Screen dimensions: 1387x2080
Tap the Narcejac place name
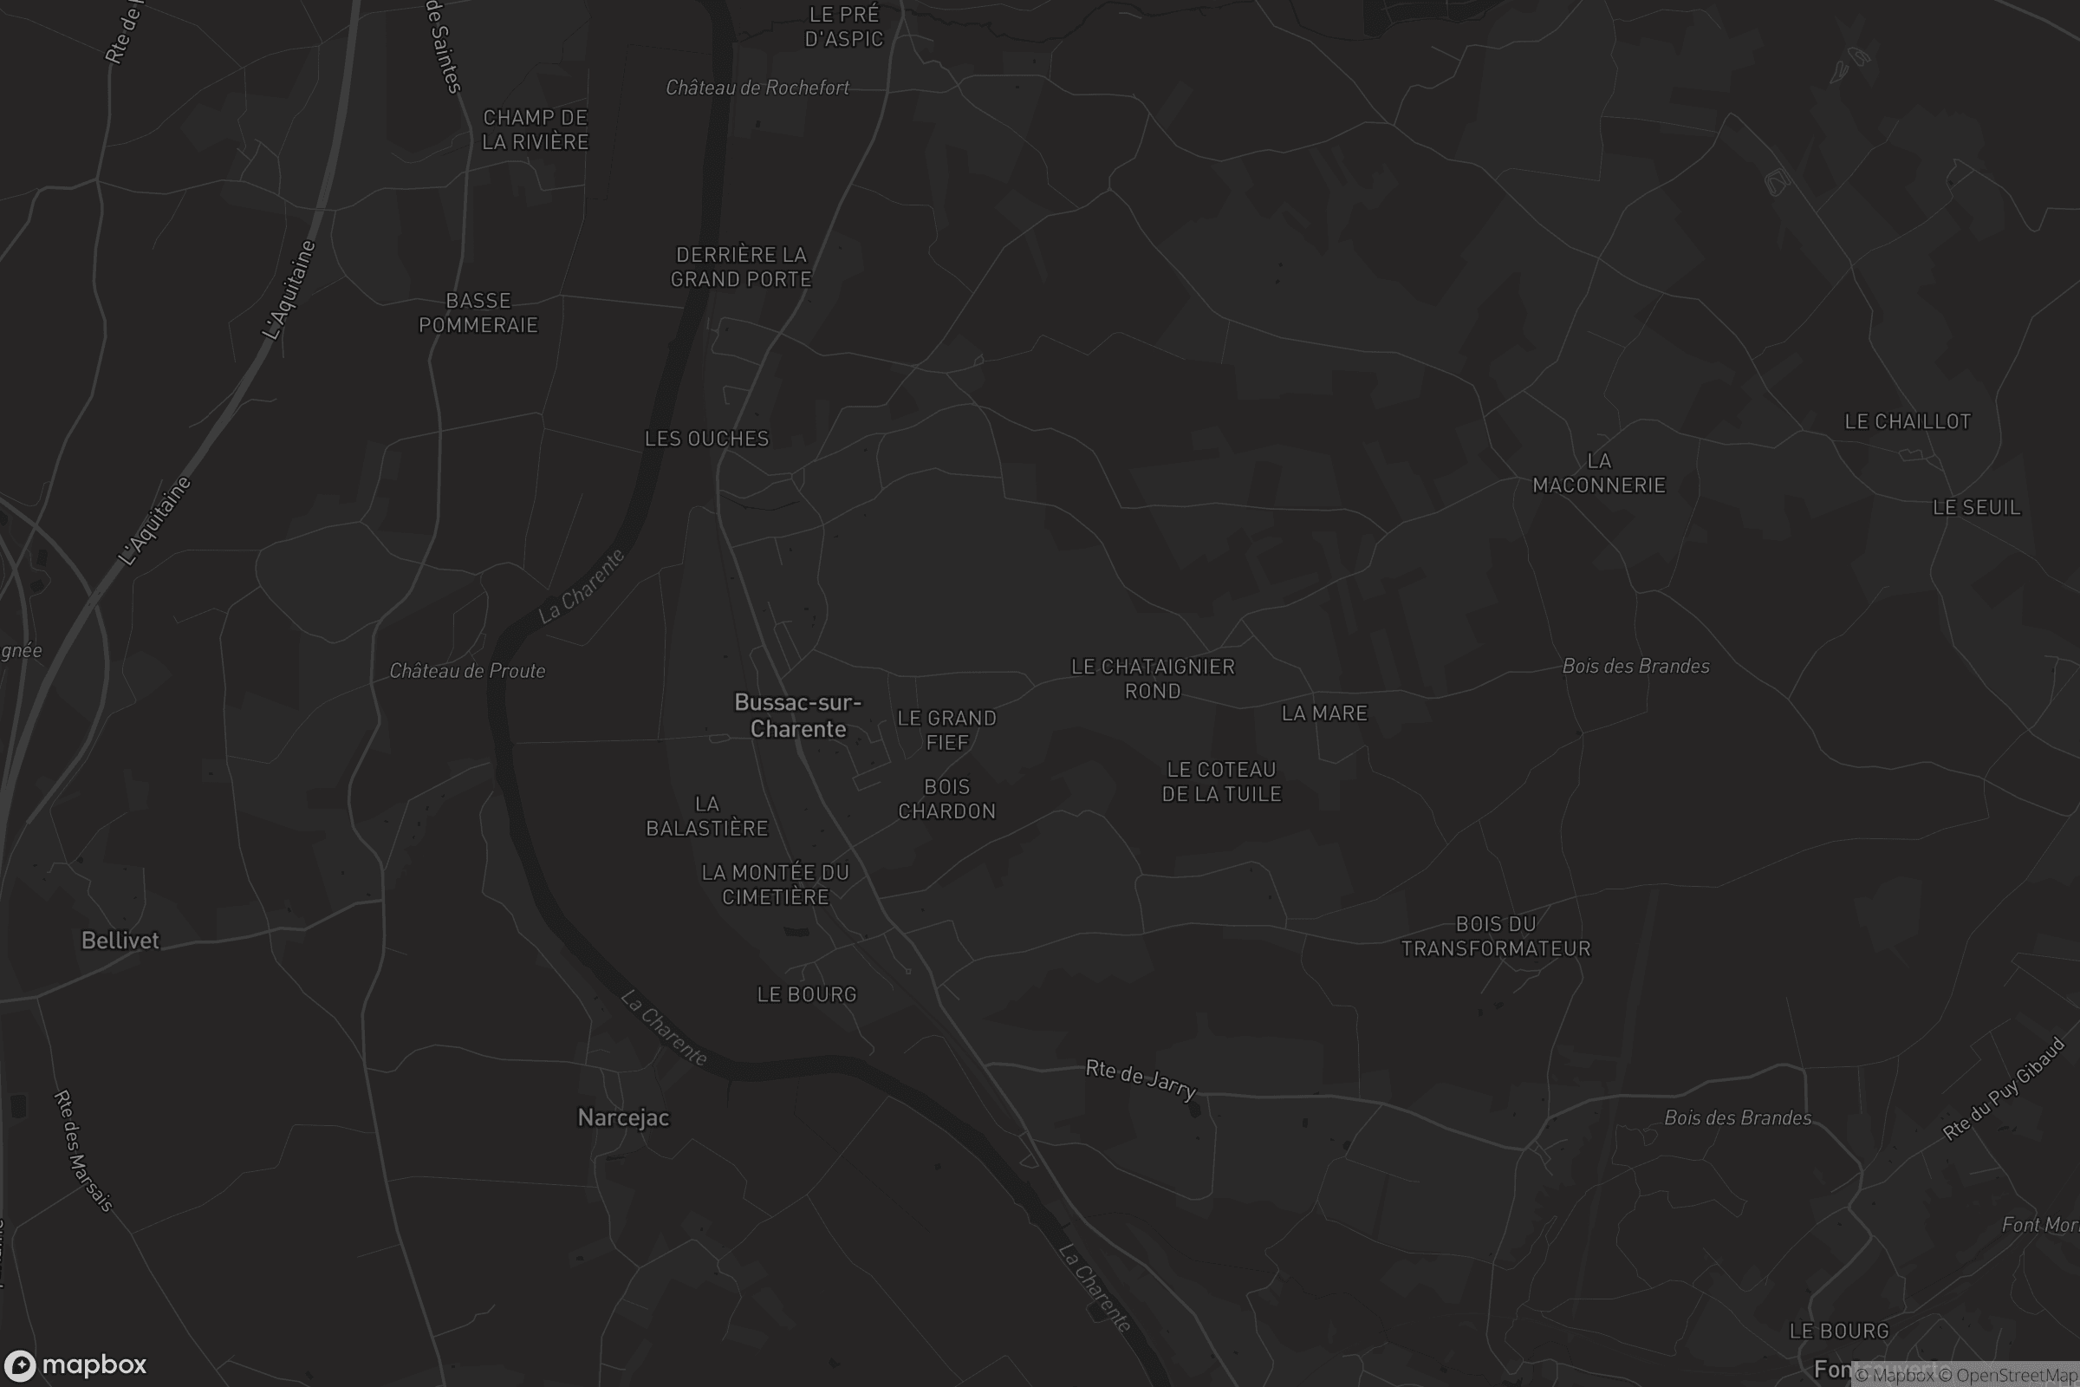point(623,1118)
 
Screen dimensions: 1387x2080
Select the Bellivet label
point(120,941)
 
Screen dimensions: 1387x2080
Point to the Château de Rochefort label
point(757,88)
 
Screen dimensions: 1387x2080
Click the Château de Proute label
point(467,671)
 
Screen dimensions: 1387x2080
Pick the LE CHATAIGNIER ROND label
point(1153,679)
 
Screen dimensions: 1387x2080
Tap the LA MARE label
point(1324,713)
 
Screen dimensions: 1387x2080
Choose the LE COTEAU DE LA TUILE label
point(1221,782)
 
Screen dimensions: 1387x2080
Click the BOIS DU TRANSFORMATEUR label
point(1496,937)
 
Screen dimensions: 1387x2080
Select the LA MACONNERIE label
point(1599,473)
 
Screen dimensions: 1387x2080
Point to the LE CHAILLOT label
point(1908,422)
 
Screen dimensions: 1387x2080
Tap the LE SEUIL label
point(1977,508)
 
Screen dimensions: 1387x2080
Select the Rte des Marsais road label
point(84,1151)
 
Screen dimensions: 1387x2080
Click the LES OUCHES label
point(706,439)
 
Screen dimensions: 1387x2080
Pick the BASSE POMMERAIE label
point(478,313)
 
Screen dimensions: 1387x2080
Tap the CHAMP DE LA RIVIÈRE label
point(535,130)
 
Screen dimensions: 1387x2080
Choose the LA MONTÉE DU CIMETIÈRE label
point(775,884)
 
